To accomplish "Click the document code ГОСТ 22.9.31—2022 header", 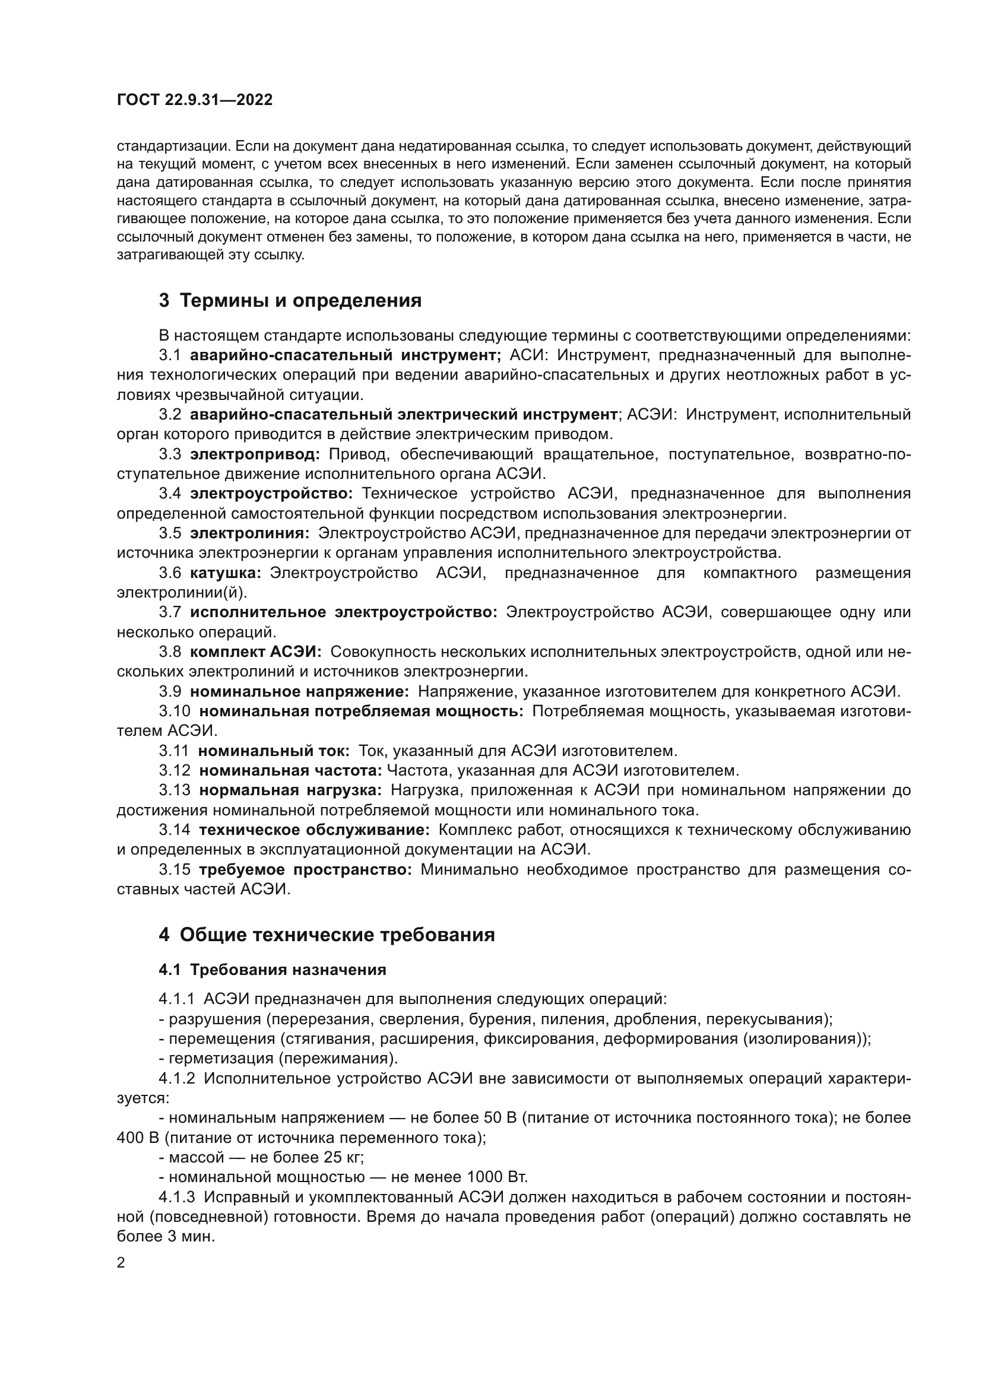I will coord(194,100).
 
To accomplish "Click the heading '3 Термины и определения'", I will coord(290,300).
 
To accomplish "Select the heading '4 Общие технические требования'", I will coord(327,935).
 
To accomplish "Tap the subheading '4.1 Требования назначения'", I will coord(272,970).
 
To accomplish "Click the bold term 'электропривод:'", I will coord(255,454).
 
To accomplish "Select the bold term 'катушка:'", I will coord(226,573).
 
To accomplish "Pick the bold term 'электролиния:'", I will coord(250,533).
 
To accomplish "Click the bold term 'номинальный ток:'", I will coord(274,751).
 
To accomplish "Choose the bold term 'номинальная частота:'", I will coord(290,771).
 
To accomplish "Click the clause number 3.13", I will coord(175,790).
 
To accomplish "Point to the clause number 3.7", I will coord(170,612).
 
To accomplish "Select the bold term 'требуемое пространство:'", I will coord(305,869).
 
